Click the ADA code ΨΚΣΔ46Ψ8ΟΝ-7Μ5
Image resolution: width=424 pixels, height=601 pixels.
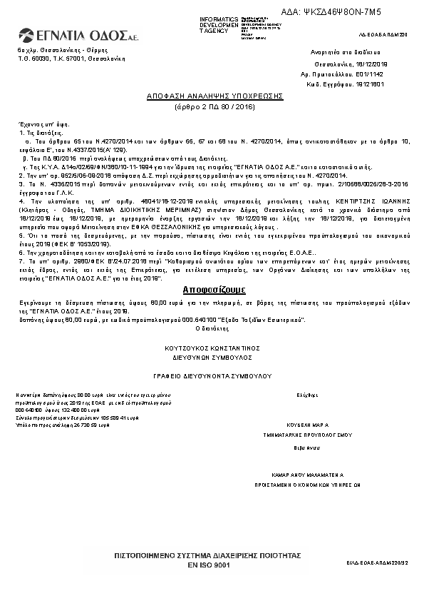(342, 12)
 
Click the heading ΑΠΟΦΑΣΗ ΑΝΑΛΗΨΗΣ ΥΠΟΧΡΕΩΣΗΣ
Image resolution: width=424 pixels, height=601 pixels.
(215, 95)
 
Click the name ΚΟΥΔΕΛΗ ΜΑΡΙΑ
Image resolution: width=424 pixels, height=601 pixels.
(307, 423)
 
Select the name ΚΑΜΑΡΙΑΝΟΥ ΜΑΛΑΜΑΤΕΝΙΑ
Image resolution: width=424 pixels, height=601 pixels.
(307, 474)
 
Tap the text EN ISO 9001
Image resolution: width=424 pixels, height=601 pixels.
(209, 564)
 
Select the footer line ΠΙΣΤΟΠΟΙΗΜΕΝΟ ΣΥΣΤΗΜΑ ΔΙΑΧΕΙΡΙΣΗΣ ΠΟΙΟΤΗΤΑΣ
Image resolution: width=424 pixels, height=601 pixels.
(209, 555)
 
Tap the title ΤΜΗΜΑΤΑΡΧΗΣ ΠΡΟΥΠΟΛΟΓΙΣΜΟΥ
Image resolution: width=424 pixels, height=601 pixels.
(307, 433)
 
